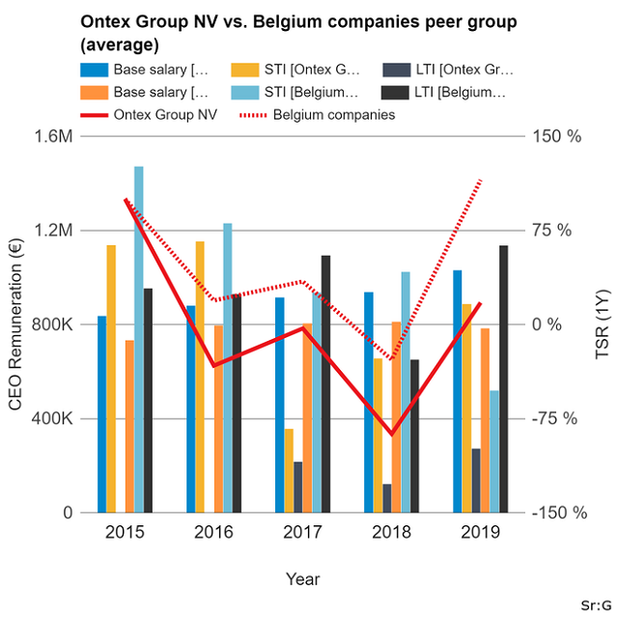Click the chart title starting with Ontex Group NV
299,33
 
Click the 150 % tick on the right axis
560,136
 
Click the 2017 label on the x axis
302,532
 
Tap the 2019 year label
480,532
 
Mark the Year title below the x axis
302,578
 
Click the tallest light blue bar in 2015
139,338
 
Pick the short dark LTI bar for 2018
387,498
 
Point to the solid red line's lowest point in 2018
392,435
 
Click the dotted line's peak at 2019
481,180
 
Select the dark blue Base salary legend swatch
95,70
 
